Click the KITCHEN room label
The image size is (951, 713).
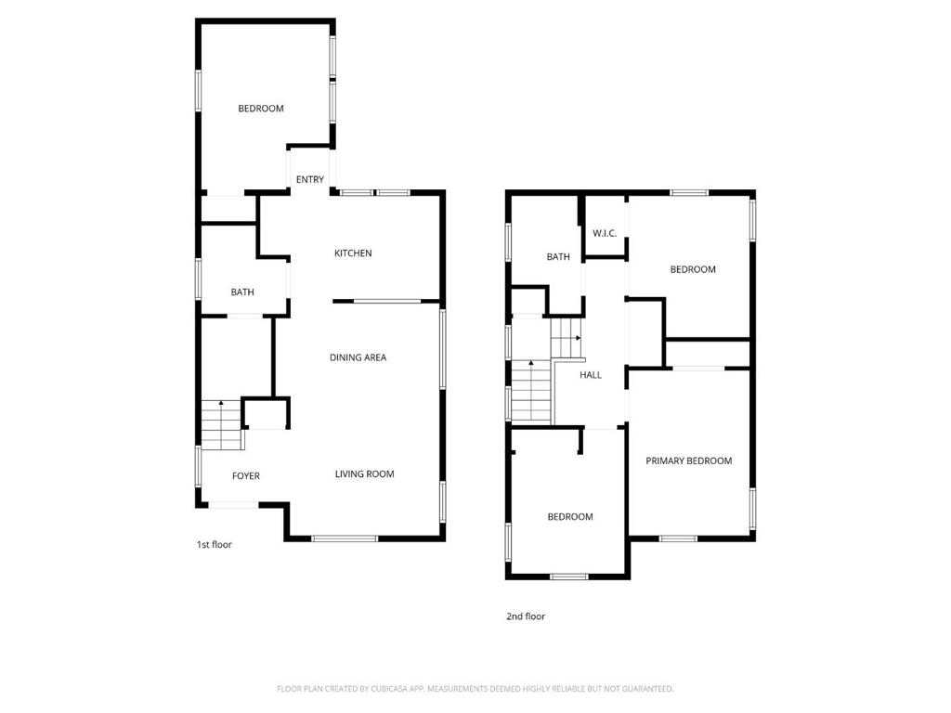click(353, 253)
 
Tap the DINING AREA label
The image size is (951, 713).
click(358, 357)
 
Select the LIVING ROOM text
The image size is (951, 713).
click(364, 473)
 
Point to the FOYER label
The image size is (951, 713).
click(245, 476)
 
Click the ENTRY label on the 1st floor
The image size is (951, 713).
click(310, 179)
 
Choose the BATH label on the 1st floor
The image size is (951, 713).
click(242, 292)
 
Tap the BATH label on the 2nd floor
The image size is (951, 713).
click(558, 256)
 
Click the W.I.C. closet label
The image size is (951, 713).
click(605, 233)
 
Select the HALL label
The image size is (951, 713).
click(590, 375)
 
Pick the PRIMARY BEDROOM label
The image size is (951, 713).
click(688, 460)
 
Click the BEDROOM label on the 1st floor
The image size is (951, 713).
click(261, 108)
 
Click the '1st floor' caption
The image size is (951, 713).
click(215, 544)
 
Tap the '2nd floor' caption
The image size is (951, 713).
click(526, 616)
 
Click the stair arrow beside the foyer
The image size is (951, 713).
click(221, 403)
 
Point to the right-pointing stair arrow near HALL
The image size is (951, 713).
click(578, 338)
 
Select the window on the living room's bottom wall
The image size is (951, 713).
click(345, 538)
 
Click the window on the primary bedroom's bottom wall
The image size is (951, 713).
click(678, 538)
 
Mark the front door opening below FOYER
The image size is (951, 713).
click(233, 504)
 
